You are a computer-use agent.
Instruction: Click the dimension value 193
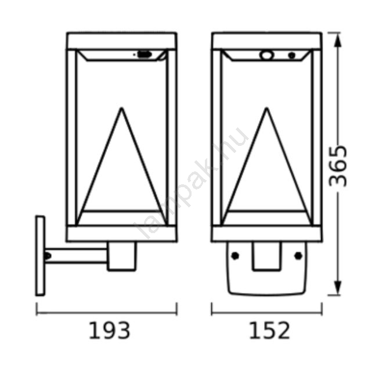[x=109, y=331]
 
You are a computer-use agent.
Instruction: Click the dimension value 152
[x=270, y=331]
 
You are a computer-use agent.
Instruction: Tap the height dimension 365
[x=338, y=166]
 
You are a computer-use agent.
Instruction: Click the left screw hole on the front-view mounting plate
[x=235, y=256]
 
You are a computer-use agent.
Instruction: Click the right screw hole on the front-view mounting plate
[x=298, y=256]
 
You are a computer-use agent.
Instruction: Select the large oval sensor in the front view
[x=266, y=55]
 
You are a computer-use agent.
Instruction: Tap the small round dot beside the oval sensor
[x=292, y=55]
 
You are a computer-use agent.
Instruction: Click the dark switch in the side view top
[x=145, y=54]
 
